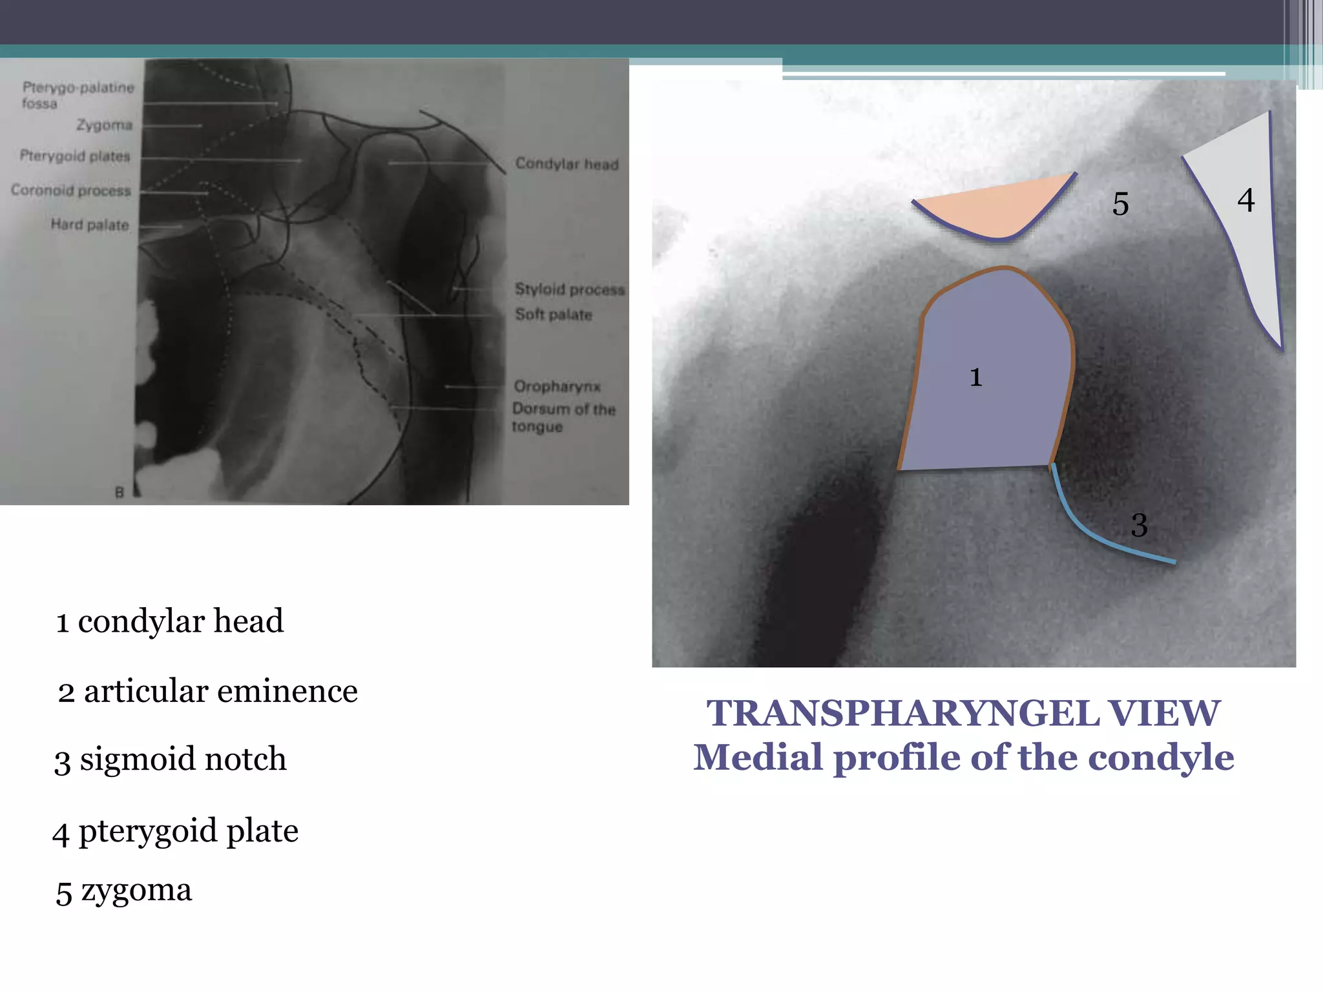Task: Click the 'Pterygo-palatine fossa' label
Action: pos(78,95)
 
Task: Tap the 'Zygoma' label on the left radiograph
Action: pos(104,125)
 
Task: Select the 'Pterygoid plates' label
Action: pos(75,156)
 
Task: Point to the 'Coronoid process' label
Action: pos(71,191)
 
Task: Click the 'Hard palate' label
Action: pos(90,225)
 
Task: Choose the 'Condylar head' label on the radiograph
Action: pos(567,164)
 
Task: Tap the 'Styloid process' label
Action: pos(569,289)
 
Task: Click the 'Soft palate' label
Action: pos(554,315)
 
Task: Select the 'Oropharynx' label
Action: pos(557,386)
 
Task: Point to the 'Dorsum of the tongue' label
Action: pos(563,417)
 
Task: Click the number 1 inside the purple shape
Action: pos(975,377)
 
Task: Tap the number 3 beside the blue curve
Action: pos(1139,524)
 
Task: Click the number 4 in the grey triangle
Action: pos(1245,200)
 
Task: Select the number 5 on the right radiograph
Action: pos(1120,204)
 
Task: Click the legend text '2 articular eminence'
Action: pos(207,691)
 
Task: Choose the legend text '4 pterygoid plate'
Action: pos(175,831)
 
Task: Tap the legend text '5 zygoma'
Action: pos(124,891)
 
